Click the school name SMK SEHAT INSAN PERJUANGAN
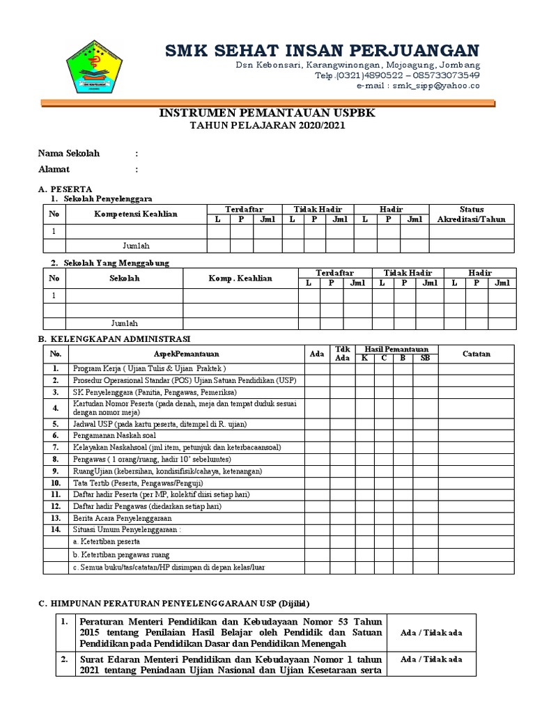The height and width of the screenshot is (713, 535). (x=322, y=50)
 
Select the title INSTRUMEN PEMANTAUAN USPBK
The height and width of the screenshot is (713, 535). (x=267, y=113)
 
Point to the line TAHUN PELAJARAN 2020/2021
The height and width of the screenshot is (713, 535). (x=267, y=125)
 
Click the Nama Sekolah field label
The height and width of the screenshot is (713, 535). (x=69, y=153)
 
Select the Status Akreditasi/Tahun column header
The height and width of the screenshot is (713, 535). (x=471, y=214)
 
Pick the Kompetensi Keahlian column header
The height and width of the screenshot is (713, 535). (x=136, y=214)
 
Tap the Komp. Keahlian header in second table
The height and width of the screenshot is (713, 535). (x=240, y=279)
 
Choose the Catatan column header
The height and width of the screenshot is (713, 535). (x=476, y=354)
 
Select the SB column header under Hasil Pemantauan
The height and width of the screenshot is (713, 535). (x=425, y=358)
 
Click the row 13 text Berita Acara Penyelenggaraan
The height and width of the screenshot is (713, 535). (x=122, y=518)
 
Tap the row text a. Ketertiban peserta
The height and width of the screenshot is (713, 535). (x=106, y=541)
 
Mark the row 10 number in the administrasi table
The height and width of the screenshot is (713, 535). (x=55, y=483)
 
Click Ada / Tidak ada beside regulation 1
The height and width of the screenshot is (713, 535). (x=432, y=632)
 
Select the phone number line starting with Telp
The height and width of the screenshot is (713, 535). (x=397, y=75)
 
